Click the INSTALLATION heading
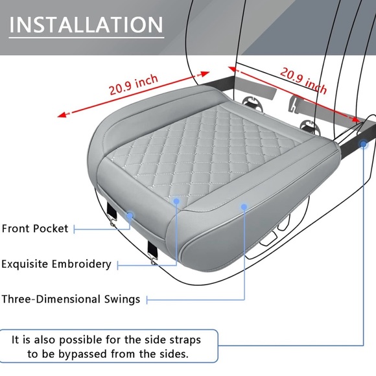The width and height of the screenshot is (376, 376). point(86,25)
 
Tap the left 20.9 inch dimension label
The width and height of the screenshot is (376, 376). point(134,84)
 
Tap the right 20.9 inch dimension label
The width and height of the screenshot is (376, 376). point(303,80)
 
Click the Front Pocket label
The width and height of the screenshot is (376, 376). point(35,229)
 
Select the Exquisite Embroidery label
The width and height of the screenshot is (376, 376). point(56,264)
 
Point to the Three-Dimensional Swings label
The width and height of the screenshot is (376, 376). point(71,300)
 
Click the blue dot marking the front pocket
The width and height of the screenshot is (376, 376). point(130,215)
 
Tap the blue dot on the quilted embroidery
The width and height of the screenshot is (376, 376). point(176,201)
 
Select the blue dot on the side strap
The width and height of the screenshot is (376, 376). point(364,144)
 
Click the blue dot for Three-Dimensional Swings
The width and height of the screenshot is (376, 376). point(244,207)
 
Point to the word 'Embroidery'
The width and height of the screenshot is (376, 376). point(82,264)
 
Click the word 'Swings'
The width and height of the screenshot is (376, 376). point(122,300)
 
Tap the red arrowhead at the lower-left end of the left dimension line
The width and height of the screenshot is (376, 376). point(62,115)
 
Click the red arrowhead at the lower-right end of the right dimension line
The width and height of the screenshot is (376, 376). point(355,119)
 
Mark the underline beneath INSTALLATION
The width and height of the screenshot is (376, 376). point(86,38)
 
